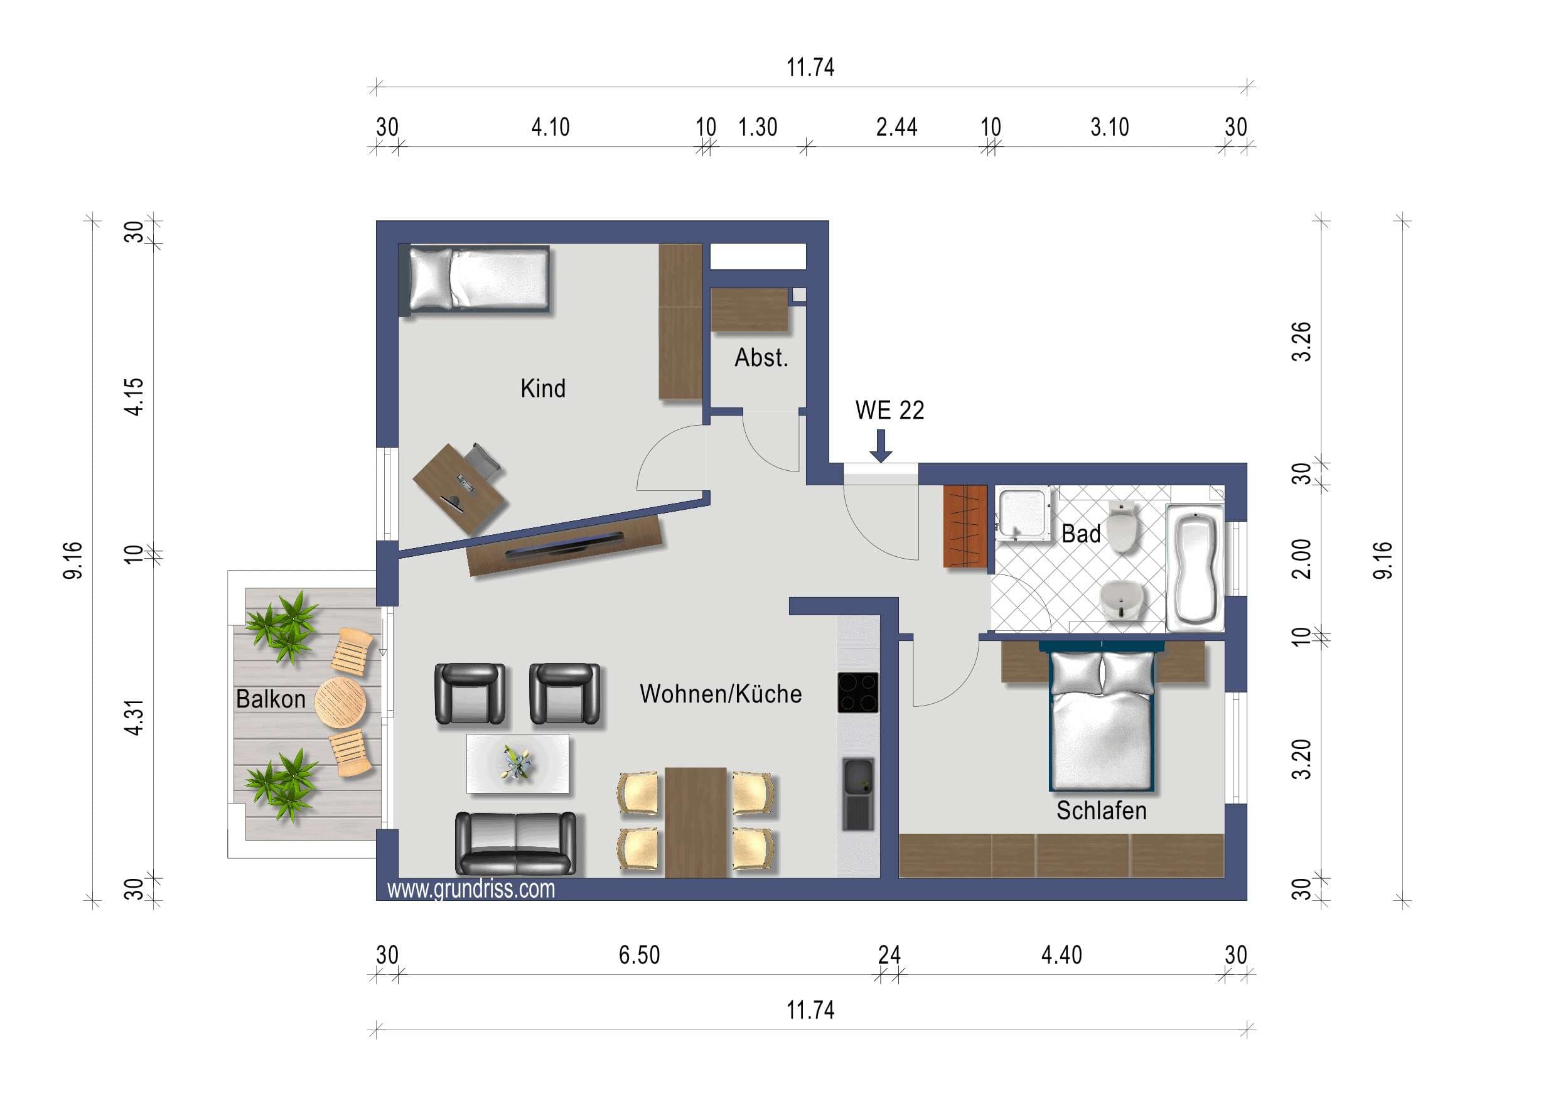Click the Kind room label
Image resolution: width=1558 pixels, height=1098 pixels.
[x=543, y=388]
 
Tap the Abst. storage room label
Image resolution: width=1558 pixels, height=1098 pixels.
[x=761, y=358]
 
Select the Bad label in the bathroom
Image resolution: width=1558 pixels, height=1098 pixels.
[x=1081, y=534]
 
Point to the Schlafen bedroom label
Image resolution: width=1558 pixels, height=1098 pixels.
[x=1101, y=810]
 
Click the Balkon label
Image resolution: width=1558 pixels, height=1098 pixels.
[x=271, y=699]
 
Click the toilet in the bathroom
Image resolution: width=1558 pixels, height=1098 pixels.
[x=1124, y=526]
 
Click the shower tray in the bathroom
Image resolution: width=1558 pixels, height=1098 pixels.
[x=1024, y=517]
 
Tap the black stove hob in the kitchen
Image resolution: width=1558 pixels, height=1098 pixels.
[x=857, y=692]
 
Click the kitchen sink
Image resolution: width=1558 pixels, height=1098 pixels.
[x=858, y=794]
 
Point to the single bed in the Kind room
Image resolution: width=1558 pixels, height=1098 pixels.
[x=479, y=279]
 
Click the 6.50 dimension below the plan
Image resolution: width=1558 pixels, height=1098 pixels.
[x=639, y=955]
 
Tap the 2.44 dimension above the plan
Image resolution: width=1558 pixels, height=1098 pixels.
[x=896, y=127]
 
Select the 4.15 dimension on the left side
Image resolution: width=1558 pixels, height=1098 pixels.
[x=135, y=396]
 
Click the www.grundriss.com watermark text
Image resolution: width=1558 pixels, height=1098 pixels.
[x=471, y=888]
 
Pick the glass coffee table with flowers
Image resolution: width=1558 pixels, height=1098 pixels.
[x=518, y=763]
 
